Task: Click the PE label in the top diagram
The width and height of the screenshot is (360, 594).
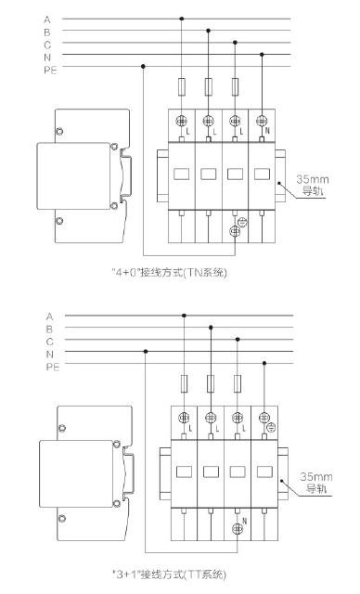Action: point(50,71)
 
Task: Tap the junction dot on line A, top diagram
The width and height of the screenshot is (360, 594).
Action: point(181,19)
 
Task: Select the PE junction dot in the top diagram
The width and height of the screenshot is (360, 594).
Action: point(143,66)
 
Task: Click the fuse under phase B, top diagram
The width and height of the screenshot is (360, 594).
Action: point(208,86)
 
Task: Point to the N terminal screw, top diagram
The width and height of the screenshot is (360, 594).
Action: point(262,121)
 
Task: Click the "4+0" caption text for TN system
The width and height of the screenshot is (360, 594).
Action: point(169,272)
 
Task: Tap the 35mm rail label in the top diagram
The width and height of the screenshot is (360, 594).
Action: point(313,186)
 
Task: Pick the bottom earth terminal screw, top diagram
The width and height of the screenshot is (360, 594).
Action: point(235,231)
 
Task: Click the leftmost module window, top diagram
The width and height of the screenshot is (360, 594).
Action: point(181,174)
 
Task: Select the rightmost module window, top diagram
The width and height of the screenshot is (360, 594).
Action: point(262,174)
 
